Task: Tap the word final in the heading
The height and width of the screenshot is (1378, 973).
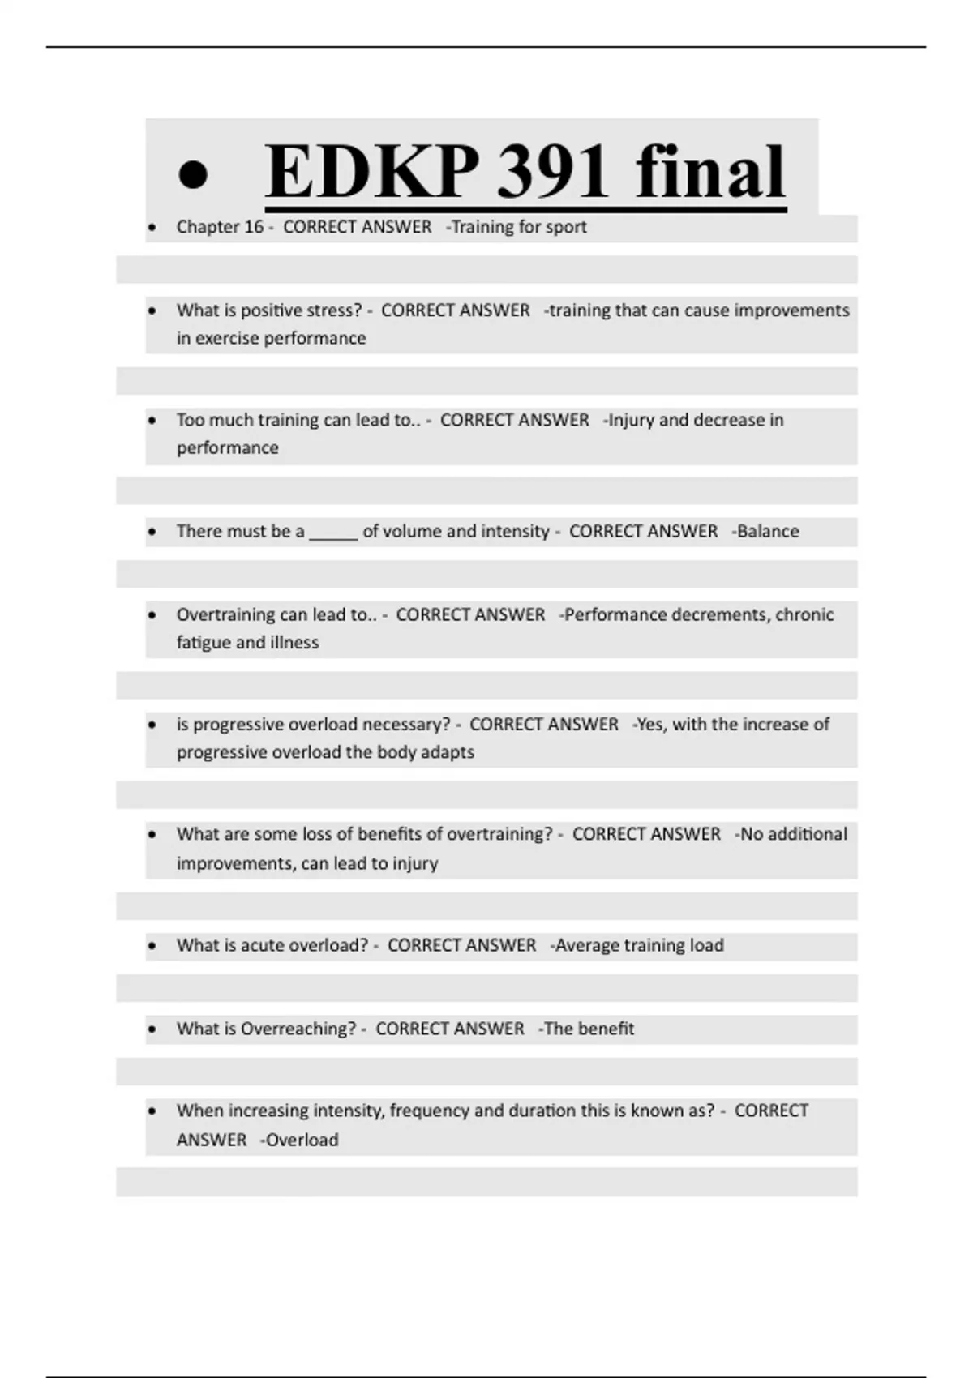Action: [x=710, y=172]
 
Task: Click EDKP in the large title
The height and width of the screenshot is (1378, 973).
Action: [x=372, y=172]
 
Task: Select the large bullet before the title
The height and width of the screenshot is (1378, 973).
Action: [x=193, y=174]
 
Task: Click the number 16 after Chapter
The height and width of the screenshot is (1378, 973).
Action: [x=254, y=227]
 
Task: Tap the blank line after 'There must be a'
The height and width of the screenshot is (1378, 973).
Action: [x=333, y=533]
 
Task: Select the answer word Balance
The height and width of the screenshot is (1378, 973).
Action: [x=768, y=532]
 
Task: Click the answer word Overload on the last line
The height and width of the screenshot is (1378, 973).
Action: [x=302, y=1140]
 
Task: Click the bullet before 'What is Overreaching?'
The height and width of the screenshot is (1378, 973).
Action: [x=152, y=1029]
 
